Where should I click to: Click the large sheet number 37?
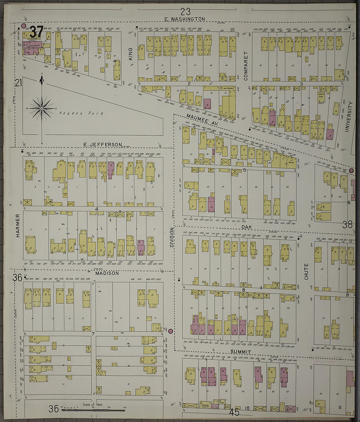tap(36, 32)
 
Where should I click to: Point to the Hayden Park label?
tap(81, 113)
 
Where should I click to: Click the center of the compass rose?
tap(42, 108)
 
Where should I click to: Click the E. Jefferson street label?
tap(103, 144)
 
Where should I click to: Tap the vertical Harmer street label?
tap(18, 225)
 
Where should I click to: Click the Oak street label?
tap(246, 226)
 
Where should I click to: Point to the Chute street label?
tap(306, 271)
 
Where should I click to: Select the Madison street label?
tap(107, 273)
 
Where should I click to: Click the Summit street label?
tap(241, 352)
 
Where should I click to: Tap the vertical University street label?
tap(350, 116)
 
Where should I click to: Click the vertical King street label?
tap(130, 54)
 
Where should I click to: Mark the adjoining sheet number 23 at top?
tap(185, 12)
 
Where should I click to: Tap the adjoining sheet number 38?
tap(348, 224)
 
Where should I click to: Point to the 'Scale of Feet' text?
tap(93, 404)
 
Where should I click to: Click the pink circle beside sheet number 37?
tap(24, 26)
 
